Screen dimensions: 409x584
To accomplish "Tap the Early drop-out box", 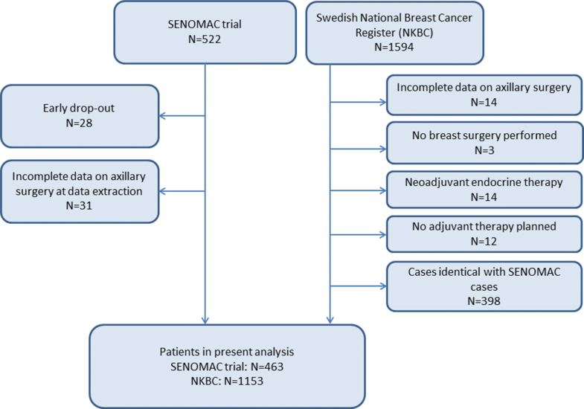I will point(80,115).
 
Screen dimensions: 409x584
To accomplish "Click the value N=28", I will point(80,123).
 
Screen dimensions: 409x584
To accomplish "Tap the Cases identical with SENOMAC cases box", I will point(484,286).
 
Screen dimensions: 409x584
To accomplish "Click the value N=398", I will point(484,300).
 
